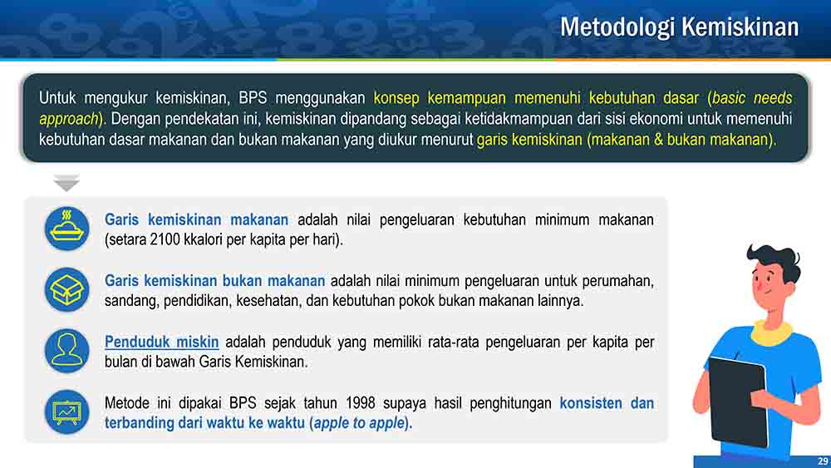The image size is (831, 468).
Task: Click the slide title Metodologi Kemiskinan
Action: pyautogui.click(x=680, y=27)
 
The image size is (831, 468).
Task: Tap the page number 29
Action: pyautogui.click(x=823, y=461)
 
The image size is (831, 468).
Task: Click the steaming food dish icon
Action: pyautogui.click(x=66, y=229)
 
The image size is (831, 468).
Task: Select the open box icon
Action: pyautogui.click(x=66, y=289)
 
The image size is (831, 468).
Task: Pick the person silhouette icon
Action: pyautogui.click(x=66, y=350)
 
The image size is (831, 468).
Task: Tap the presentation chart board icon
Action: pyautogui.click(x=66, y=411)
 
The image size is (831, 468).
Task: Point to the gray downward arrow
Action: pyautogui.click(x=66, y=182)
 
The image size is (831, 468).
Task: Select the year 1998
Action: pyautogui.click(x=361, y=403)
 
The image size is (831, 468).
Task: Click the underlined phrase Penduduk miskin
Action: pyautogui.click(x=162, y=342)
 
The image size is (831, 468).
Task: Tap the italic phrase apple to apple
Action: pyautogui.click(x=359, y=423)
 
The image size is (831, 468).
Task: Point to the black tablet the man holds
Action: pyautogui.click(x=738, y=401)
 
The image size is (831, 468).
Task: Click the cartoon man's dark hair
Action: pyautogui.click(x=774, y=263)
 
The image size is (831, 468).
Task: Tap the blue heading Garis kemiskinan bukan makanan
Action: pyautogui.click(x=214, y=281)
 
